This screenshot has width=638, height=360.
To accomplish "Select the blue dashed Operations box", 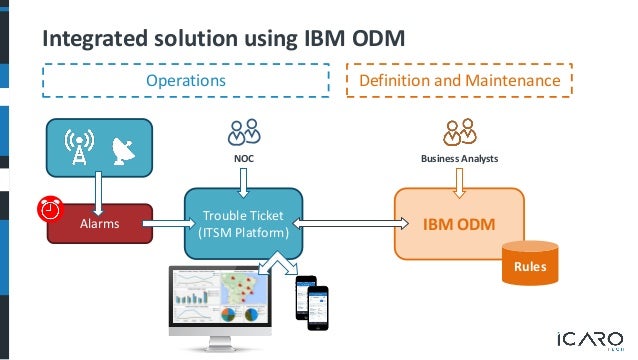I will [x=186, y=80].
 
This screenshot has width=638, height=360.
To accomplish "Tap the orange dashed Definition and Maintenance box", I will [x=459, y=80].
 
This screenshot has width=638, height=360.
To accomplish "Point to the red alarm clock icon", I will [x=49, y=208].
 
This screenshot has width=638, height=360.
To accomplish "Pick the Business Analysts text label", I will [x=459, y=158].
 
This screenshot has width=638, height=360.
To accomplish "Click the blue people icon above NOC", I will [x=244, y=133].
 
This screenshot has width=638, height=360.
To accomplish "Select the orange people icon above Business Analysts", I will [x=460, y=133].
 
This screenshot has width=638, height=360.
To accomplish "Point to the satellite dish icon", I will [x=121, y=151].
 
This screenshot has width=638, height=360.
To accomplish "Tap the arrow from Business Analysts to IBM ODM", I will [x=460, y=179].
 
